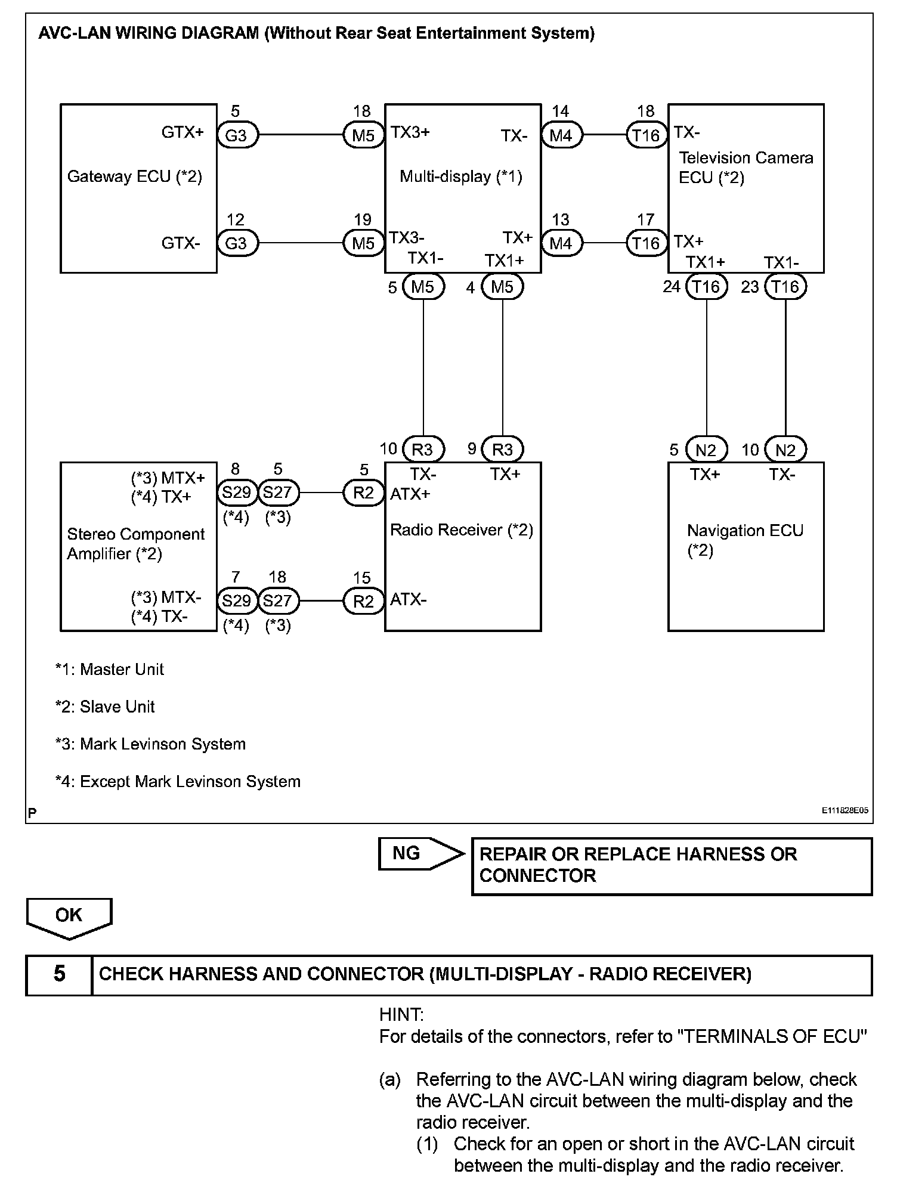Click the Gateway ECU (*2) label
pyautogui.click(x=134, y=176)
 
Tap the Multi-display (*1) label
pyautogui.click(x=460, y=176)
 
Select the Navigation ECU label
pyautogui.click(x=745, y=531)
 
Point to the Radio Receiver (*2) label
pyautogui.click(x=461, y=530)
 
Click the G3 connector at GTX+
pyautogui.click(x=236, y=135)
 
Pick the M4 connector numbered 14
pyautogui.click(x=561, y=135)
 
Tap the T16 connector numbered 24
pyautogui.click(x=706, y=287)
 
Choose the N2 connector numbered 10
pyautogui.click(x=785, y=450)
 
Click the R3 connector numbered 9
pyautogui.click(x=502, y=450)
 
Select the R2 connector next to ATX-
pyautogui.click(x=363, y=601)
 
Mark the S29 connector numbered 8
pyautogui.click(x=236, y=493)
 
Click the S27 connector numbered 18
pyautogui.click(x=277, y=600)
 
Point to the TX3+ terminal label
pyautogui.click(x=410, y=132)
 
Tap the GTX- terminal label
pyautogui.click(x=180, y=243)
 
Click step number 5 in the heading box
pyautogui.click(x=59, y=974)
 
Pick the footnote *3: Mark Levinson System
pyautogui.click(x=150, y=744)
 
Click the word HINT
pyautogui.click(x=401, y=1014)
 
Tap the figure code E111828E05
pyautogui.click(x=845, y=811)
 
